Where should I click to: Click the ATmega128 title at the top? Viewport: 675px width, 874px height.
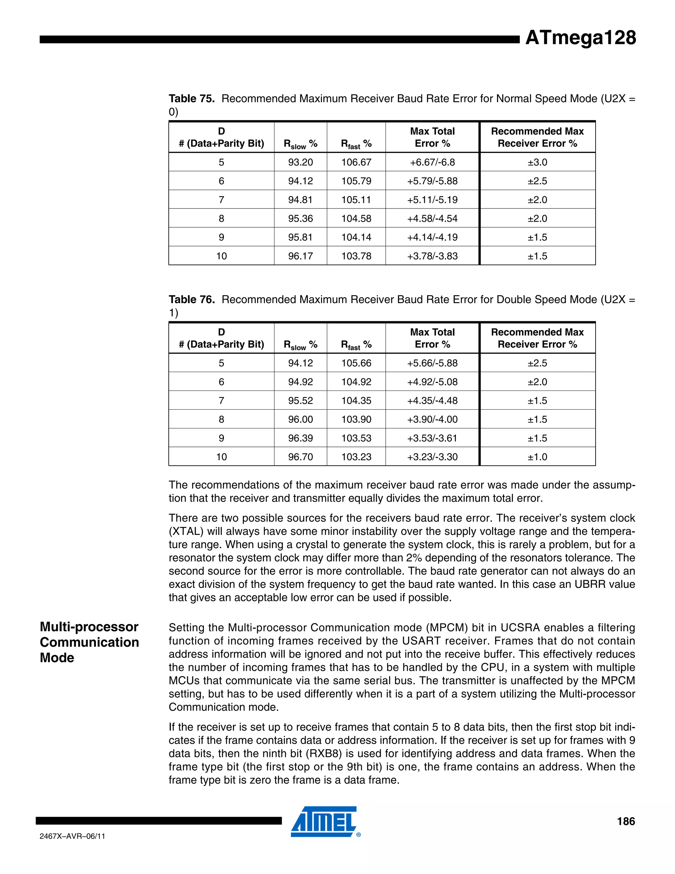(x=580, y=38)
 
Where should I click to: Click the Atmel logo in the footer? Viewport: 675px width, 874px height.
(x=325, y=822)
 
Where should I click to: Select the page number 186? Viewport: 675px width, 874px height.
(x=626, y=821)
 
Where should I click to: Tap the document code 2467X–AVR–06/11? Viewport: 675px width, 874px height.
(x=73, y=836)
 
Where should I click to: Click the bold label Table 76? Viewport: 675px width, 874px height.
(x=191, y=300)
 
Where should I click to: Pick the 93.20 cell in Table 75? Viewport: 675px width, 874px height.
(x=300, y=162)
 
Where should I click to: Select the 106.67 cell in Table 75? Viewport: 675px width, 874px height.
(x=356, y=162)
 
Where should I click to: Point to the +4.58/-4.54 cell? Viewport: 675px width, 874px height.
(x=432, y=218)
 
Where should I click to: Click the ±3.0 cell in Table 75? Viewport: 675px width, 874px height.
(x=537, y=162)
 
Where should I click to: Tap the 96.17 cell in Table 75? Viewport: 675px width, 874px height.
(x=300, y=256)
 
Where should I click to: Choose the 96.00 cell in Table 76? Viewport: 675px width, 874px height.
(x=300, y=420)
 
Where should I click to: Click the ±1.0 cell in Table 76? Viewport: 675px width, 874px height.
(x=537, y=457)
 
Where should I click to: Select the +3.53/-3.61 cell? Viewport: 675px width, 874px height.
(x=432, y=438)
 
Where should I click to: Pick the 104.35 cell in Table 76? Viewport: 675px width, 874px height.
(x=356, y=401)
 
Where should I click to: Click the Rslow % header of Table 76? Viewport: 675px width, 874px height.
(x=300, y=345)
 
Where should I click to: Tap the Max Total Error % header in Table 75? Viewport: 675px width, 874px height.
(x=432, y=137)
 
